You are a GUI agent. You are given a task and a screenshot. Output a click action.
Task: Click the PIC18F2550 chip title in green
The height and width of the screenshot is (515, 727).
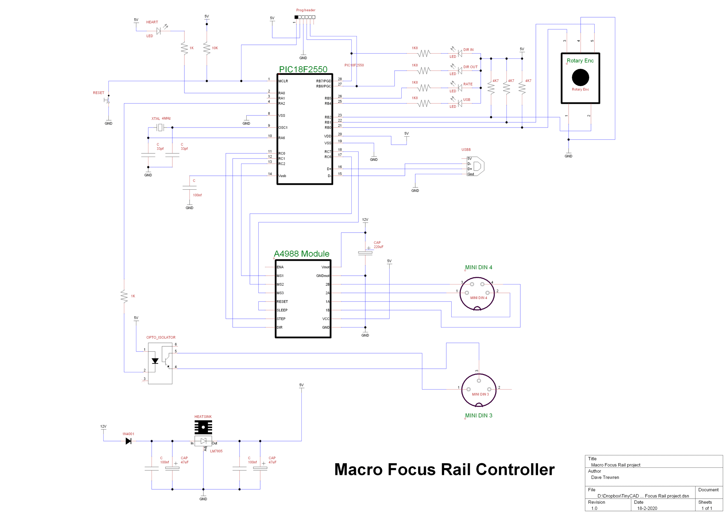(303, 69)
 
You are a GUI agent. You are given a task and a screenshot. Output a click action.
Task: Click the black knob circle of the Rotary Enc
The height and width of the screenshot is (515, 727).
(580, 77)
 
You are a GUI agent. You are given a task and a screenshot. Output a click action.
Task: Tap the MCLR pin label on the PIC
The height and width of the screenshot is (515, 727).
(283, 81)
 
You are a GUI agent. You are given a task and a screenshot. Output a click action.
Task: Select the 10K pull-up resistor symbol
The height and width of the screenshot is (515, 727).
(207, 48)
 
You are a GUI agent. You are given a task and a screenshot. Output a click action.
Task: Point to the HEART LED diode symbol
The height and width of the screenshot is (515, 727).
(159, 31)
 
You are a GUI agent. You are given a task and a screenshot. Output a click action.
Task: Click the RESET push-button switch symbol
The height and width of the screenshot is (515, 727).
(107, 100)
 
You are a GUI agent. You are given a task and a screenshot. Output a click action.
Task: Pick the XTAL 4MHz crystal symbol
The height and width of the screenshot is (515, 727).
(161, 128)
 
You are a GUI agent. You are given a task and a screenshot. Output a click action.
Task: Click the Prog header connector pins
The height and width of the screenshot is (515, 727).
(305, 17)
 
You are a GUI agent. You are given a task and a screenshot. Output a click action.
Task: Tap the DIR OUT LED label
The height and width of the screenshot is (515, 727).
(470, 67)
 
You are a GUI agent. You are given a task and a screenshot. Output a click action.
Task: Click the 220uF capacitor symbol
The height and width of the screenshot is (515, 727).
(365, 253)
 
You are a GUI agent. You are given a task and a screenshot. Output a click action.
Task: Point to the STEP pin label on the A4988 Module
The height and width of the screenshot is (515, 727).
(281, 319)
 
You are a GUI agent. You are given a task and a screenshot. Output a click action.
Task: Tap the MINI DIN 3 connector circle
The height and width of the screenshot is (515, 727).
(478, 390)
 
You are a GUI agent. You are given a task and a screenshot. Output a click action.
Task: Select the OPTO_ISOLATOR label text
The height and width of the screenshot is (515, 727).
(161, 337)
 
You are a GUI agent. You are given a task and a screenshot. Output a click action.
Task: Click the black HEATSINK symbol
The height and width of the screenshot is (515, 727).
(203, 427)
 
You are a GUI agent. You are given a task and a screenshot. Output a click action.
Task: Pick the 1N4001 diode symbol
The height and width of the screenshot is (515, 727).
(128, 441)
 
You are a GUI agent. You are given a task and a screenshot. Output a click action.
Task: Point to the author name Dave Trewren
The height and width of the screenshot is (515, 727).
(605, 477)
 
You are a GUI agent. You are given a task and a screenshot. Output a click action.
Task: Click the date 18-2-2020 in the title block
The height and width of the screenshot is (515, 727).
(647, 508)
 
